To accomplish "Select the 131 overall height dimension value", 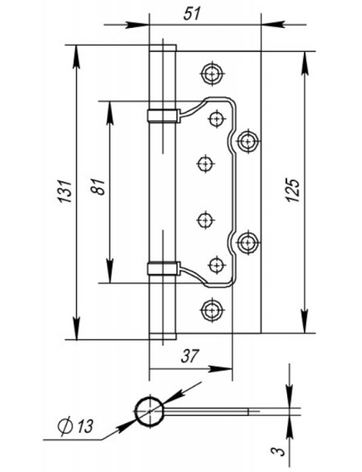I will (x=66, y=191).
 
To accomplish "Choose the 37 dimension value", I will (x=190, y=356).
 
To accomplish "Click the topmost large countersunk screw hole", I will (x=211, y=74).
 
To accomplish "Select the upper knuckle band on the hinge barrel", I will (x=162, y=115).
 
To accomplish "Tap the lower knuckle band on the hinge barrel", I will (x=162, y=268).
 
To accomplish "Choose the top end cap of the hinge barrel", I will (x=163, y=48).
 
